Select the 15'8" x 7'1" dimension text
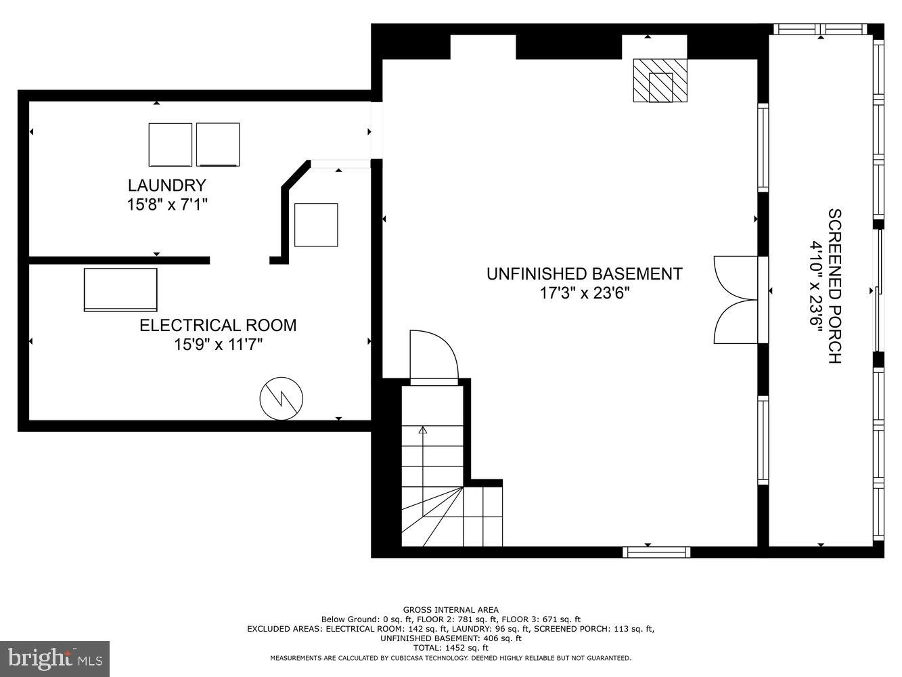click(x=166, y=204)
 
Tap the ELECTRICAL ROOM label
click(x=218, y=326)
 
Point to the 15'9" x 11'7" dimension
click(x=218, y=345)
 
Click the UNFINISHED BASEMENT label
click(x=584, y=274)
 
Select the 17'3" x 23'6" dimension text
click(x=584, y=293)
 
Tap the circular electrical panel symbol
click(x=281, y=399)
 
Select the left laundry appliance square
click(x=171, y=145)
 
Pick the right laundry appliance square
click(x=218, y=145)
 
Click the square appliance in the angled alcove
click(x=316, y=225)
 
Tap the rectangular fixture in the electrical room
click(x=120, y=290)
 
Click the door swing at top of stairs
click(x=433, y=357)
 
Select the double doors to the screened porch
click(x=737, y=299)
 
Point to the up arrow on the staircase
click(x=424, y=431)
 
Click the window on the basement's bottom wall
click(x=656, y=552)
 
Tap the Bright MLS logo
click(x=55, y=658)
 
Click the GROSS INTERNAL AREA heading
click(x=451, y=610)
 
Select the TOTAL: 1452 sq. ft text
click(x=451, y=648)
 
